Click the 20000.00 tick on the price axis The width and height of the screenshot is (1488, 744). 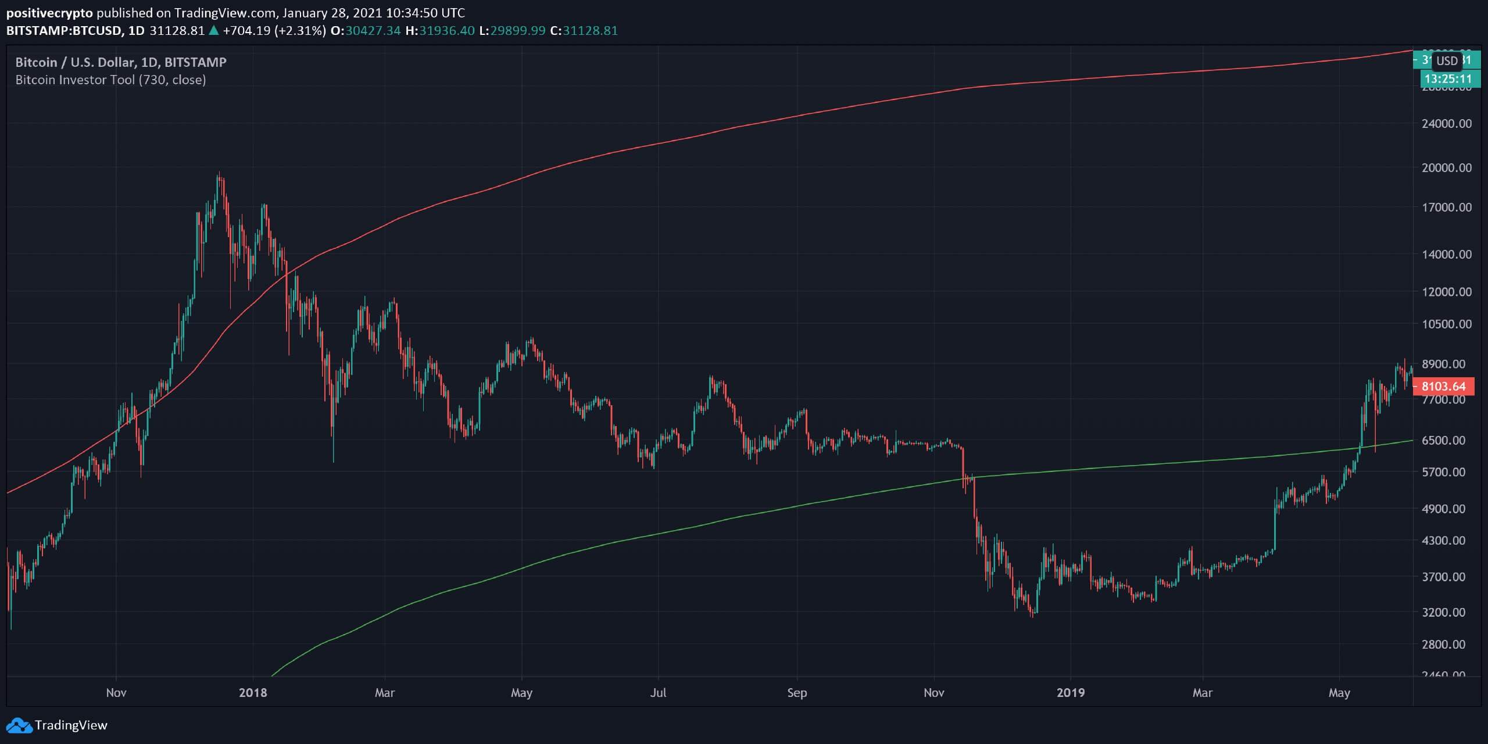[1447, 167]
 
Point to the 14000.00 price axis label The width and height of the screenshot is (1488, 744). [1447, 254]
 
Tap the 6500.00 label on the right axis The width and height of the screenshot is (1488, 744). [1447, 440]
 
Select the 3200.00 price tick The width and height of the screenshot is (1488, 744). [1447, 612]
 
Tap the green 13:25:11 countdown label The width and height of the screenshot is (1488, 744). [1448, 79]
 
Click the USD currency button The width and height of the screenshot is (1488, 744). [1446, 60]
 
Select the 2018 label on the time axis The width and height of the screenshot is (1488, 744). [253, 693]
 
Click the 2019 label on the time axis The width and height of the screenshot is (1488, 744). [1071, 693]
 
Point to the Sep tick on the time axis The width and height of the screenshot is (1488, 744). [797, 693]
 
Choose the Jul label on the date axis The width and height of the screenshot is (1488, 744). [658, 693]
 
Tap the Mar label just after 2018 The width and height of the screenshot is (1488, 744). [385, 693]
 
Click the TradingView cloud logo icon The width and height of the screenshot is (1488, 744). [19, 725]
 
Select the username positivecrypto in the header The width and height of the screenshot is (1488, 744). [49, 13]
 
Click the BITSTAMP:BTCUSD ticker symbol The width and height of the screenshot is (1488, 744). [64, 31]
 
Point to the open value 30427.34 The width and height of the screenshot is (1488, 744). [373, 31]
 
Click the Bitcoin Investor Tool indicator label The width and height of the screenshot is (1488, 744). [110, 80]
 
